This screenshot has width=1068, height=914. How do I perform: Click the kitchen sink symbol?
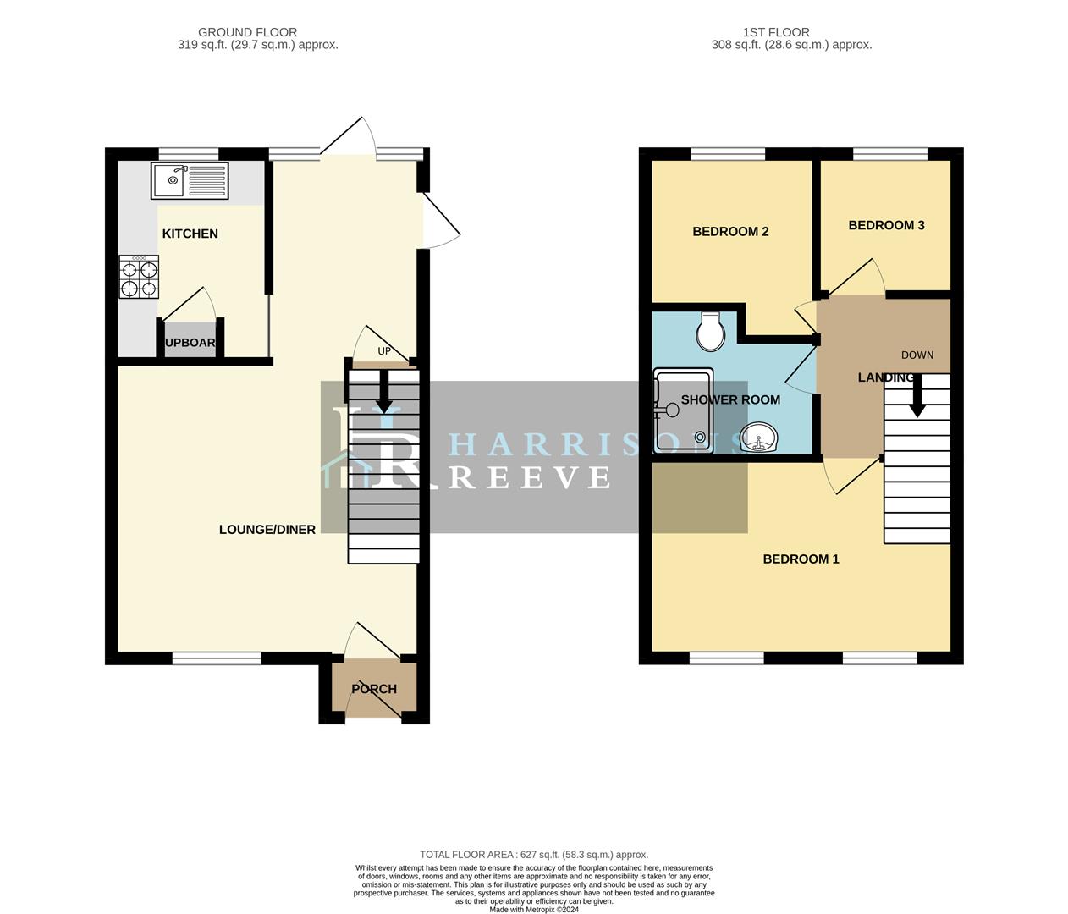[190, 180]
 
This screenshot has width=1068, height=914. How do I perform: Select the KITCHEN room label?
[190, 234]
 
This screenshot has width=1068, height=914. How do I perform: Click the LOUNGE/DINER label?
[267, 530]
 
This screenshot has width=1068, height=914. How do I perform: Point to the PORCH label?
[374, 689]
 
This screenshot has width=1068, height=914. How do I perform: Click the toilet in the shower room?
[711, 331]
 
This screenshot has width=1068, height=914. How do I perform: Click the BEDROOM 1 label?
[801, 559]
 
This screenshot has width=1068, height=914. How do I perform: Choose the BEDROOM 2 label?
[730, 232]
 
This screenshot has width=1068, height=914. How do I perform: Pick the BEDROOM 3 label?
[886, 225]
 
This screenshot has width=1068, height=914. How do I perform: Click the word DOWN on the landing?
[917, 355]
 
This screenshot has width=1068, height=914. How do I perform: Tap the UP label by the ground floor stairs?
[384, 351]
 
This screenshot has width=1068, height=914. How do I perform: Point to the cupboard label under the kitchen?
[190, 343]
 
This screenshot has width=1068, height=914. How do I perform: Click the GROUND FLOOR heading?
[247, 32]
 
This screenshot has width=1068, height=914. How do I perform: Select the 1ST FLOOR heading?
[776, 32]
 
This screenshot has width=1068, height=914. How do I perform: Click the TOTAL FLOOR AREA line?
[534, 855]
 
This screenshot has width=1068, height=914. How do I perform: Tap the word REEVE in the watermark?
[529, 477]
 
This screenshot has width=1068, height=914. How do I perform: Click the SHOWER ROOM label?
[730, 399]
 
